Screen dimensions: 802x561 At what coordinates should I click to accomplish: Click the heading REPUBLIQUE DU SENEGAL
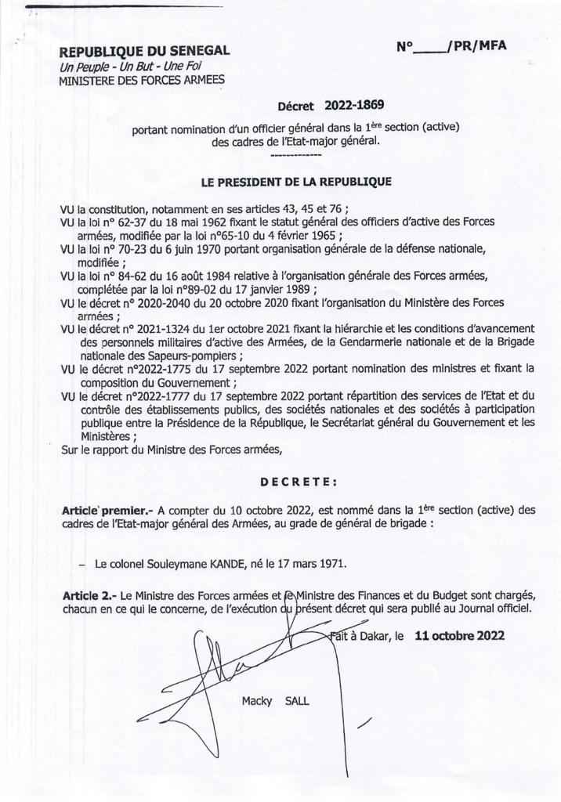click(145, 51)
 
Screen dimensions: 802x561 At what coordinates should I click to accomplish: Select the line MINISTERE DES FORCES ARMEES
click(142, 79)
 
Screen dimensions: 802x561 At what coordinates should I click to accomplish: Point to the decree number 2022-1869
click(355, 104)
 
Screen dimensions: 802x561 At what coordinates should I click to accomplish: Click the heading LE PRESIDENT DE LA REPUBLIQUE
click(296, 182)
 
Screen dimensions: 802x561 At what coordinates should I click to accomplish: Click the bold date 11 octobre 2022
click(460, 636)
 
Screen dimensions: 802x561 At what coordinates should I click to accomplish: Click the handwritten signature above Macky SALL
click(212, 666)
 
